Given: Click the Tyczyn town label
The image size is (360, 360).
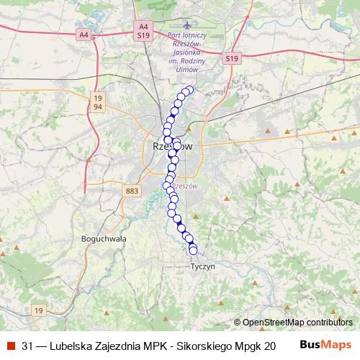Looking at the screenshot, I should click(x=202, y=266).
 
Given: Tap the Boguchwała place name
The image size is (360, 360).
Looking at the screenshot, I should click(x=105, y=238).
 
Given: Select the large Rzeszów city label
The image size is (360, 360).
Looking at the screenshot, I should click(x=174, y=146).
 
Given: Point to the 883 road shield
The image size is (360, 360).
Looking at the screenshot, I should click(x=132, y=191).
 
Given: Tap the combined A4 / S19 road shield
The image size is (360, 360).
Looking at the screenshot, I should click(x=143, y=30).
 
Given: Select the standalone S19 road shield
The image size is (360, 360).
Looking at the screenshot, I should click(x=230, y=58).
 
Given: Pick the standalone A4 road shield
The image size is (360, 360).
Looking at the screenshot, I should click(x=84, y=35).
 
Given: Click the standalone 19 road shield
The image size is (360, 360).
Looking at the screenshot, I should click(x=39, y=310).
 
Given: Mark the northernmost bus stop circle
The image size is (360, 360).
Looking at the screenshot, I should click(x=190, y=90).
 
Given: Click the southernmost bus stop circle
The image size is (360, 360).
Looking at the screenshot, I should click(x=193, y=251).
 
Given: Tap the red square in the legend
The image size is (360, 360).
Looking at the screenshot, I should click(x=9, y=344).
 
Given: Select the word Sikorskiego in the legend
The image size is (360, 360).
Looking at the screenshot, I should click(x=208, y=344).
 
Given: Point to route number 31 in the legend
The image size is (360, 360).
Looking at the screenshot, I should click(x=28, y=344).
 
